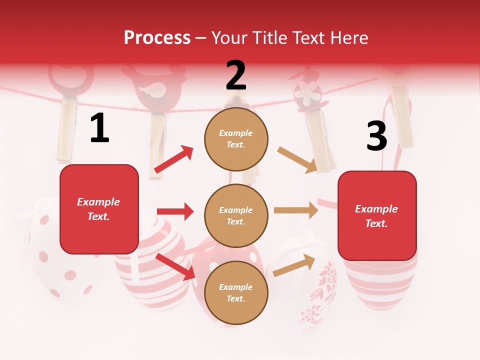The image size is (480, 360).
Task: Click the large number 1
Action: (99, 128)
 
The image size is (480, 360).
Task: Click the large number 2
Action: (236, 75)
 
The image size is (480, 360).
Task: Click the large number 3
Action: (376, 136)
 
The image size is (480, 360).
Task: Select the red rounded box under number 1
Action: (99, 209)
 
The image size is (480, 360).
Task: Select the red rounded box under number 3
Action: (377, 215)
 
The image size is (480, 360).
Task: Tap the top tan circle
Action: (236, 139)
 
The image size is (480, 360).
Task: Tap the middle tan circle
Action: (236, 215)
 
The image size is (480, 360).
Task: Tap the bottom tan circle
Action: (236, 292)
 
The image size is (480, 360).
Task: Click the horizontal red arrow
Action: (175, 211)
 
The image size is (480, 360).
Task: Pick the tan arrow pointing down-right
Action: (297, 159)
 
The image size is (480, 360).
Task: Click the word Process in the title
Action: (157, 37)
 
